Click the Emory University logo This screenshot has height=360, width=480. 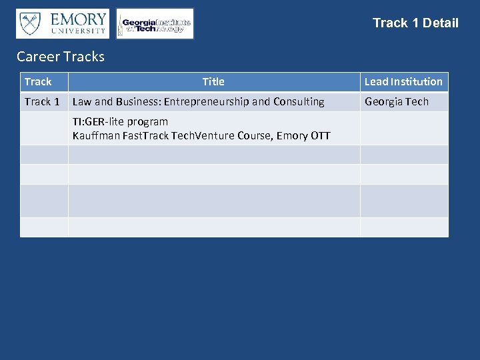pyautogui.click(x=63, y=23)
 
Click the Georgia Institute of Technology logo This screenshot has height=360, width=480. pyautogui.click(x=155, y=24)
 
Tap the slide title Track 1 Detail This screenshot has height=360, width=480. pyautogui.click(x=415, y=23)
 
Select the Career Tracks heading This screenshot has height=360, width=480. pyautogui.click(x=61, y=57)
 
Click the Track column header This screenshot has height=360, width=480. pyautogui.click(x=38, y=82)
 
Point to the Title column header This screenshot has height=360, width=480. pyautogui.click(x=213, y=82)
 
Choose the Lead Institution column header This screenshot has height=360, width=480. pyautogui.click(x=403, y=82)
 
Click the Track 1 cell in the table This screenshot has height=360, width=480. pyautogui.click(x=42, y=102)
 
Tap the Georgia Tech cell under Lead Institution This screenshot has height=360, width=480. pyautogui.click(x=397, y=102)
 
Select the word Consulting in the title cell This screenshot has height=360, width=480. pyautogui.click(x=299, y=102)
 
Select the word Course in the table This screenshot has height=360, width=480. pyautogui.click(x=250, y=136)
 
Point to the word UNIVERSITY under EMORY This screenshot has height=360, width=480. pyautogui.click(x=79, y=31)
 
